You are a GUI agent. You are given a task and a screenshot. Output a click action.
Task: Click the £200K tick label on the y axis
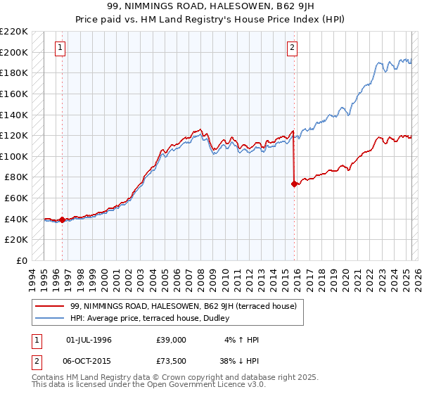(14, 52)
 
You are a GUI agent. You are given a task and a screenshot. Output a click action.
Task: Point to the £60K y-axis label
(16, 198)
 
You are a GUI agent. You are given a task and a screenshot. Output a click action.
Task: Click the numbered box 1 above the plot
(60, 48)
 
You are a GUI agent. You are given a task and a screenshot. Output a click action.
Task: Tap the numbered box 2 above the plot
(292, 48)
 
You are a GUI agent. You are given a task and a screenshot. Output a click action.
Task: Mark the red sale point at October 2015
(294, 184)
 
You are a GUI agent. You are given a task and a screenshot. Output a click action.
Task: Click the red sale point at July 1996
(62, 220)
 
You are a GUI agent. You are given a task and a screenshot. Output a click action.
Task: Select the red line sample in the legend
(49, 306)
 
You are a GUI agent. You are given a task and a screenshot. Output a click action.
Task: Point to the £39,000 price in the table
(172, 340)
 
